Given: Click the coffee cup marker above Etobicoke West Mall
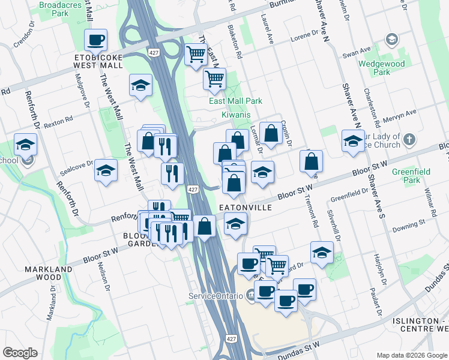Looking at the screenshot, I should coord(95,40).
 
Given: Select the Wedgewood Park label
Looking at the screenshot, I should coord(382,68).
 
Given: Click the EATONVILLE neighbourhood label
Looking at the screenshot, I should coord(246,207).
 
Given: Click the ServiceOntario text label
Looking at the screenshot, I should coord(215,296).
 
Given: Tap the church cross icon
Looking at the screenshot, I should coord(409,140).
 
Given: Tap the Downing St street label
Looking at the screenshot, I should coord(409,226).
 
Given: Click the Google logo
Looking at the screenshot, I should coord(20,353).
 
